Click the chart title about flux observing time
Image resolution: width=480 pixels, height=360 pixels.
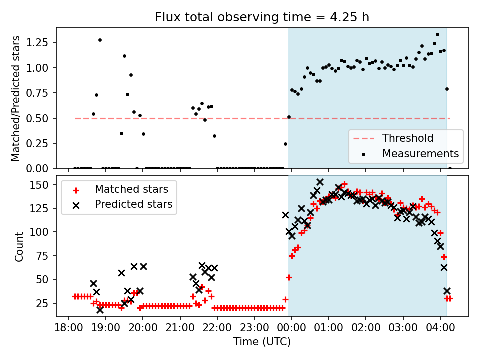[262, 17]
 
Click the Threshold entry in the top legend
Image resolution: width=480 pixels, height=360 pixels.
[408, 138]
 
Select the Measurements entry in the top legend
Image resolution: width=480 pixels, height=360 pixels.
[420, 153]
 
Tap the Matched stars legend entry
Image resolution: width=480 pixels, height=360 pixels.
[131, 189]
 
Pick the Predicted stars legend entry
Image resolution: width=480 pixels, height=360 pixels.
[133, 204]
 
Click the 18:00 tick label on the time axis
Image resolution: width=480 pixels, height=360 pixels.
[68, 329]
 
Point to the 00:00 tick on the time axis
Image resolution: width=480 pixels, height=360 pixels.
[292, 329]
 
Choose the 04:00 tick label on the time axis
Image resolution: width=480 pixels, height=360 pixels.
[440, 329]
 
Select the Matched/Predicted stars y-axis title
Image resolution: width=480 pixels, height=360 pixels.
[16, 98]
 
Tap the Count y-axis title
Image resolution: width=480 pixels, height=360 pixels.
[19, 247]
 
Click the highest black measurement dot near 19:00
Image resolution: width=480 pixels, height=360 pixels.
[100, 40]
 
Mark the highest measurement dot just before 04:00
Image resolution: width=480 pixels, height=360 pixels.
[437, 34]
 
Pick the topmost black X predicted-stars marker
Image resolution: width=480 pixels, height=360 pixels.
[320, 182]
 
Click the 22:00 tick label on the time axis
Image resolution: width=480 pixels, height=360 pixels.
[217, 329]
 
